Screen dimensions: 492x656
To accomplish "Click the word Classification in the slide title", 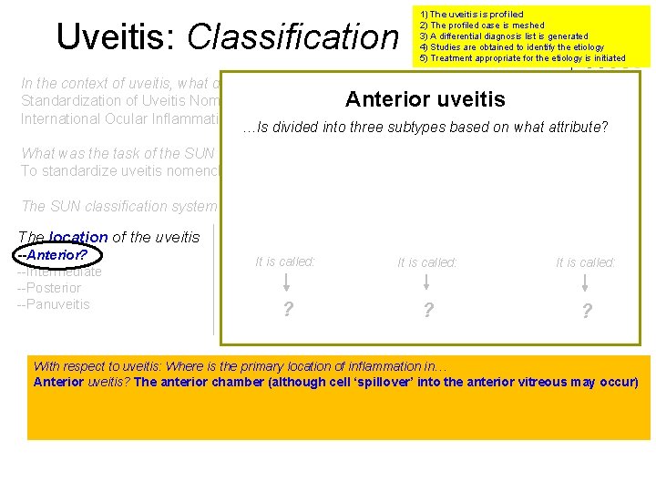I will [x=292, y=36].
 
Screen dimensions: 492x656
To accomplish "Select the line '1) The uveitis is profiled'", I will [x=471, y=15].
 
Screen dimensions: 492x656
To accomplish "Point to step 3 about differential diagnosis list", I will [x=503, y=36].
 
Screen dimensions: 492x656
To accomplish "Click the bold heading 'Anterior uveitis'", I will [x=425, y=99].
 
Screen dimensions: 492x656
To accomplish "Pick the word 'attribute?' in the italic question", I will [x=576, y=128].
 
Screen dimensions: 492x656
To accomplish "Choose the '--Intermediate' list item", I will [x=59, y=272].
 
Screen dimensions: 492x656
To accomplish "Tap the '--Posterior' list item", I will [x=49, y=288].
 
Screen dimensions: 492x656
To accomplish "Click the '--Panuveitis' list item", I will [x=54, y=304].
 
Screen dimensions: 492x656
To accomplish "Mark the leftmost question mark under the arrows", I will [x=288, y=310].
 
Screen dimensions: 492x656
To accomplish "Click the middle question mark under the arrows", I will [x=427, y=311].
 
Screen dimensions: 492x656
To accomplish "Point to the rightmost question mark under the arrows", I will [x=586, y=312].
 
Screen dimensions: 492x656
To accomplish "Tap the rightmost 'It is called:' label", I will [x=586, y=262].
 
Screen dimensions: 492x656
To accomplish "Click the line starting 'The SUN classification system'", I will [x=118, y=207].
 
